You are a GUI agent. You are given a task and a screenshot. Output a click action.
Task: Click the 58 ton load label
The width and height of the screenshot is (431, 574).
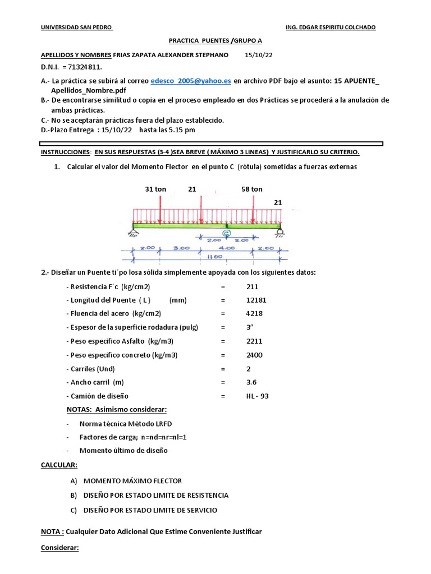coord(252,189)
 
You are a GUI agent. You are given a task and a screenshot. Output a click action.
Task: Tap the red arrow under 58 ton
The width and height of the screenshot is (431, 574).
coord(253,211)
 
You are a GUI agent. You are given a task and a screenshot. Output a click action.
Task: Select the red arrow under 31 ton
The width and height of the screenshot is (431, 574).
coord(160,211)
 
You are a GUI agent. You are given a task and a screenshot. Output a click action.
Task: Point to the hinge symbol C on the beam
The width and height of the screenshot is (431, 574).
coord(226,232)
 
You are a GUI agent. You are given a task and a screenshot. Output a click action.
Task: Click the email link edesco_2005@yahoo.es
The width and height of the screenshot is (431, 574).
coord(191,81)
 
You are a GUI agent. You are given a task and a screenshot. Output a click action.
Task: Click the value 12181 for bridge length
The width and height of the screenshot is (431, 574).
coord(256,300)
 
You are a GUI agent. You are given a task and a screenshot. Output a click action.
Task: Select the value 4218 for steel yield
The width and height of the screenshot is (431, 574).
coord(254,313)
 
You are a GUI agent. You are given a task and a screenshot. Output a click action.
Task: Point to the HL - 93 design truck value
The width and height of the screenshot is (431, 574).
coord(258,396)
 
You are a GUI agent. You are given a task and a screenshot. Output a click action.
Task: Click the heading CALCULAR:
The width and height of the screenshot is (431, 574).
coord(59,465)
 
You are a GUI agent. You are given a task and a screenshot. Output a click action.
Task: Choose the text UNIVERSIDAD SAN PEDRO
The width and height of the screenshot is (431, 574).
coord(77,27)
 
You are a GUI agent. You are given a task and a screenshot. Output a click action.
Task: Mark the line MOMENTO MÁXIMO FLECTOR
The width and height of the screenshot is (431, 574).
coord(132,481)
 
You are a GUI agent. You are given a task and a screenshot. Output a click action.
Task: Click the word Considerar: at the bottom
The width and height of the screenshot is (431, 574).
coord(61,547)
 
